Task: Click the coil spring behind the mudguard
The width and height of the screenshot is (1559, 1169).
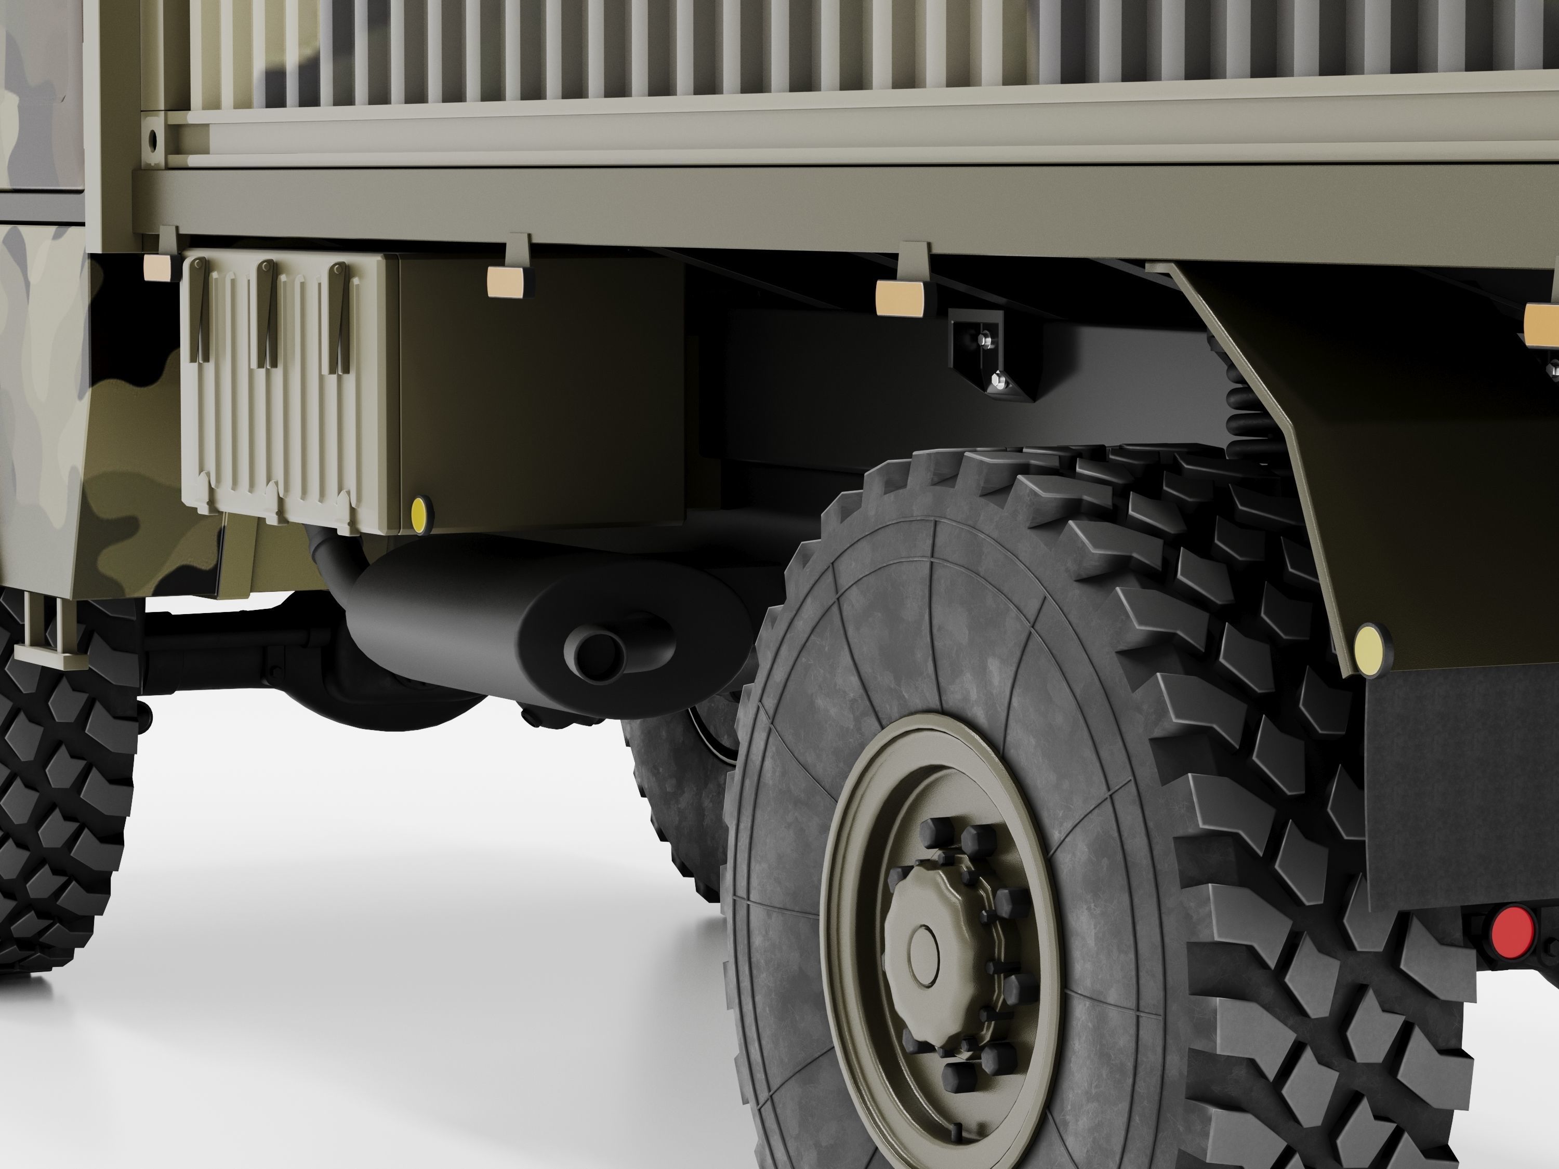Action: tap(1249, 416)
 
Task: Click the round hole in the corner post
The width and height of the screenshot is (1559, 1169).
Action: tap(151, 140)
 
